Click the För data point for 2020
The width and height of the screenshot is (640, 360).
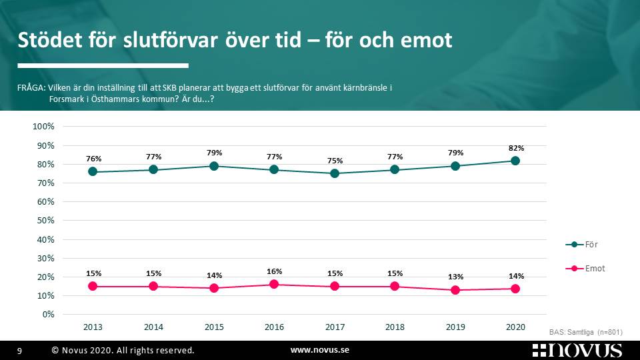click(x=515, y=161)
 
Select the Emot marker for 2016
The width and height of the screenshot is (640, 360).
click(x=274, y=284)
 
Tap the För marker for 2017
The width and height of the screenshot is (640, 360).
click(x=335, y=173)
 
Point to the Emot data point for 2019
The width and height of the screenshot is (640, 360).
click(x=455, y=290)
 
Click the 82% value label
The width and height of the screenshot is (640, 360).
click(x=516, y=148)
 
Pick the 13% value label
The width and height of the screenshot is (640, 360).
click(x=455, y=277)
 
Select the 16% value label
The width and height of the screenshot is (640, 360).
click(x=274, y=271)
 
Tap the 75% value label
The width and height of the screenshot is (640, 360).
click(x=335, y=161)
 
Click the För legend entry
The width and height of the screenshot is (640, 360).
click(x=582, y=245)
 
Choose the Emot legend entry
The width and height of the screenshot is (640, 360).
click(x=585, y=269)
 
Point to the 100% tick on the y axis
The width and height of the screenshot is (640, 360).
click(x=43, y=127)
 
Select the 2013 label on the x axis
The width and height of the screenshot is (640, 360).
click(x=93, y=327)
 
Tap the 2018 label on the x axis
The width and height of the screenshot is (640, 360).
click(x=395, y=327)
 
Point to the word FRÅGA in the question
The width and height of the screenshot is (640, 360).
click(x=31, y=88)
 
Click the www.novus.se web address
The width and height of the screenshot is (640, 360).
click(x=320, y=350)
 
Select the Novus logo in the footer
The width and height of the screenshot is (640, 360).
click(x=577, y=351)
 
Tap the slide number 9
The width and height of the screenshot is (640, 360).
click(x=19, y=351)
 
